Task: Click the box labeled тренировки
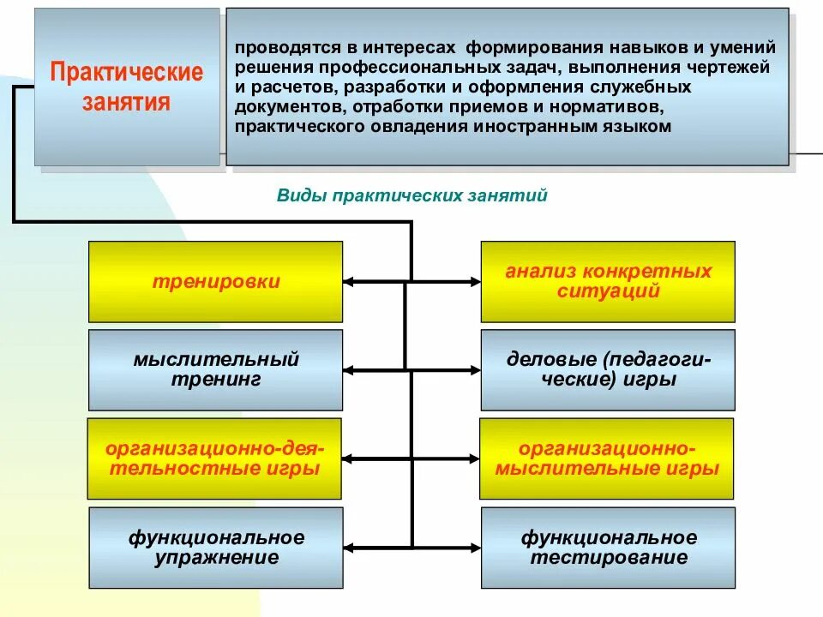click(x=215, y=281)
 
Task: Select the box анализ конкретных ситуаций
click(x=608, y=281)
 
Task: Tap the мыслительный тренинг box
click(x=215, y=369)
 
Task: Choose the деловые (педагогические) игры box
click(x=608, y=369)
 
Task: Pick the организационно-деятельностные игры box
click(x=213, y=458)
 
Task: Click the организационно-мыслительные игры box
click(x=606, y=458)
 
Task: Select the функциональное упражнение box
click(x=215, y=548)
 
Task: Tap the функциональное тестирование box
click(x=608, y=548)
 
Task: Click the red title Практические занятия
click(x=127, y=87)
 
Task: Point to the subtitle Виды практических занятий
click(x=411, y=195)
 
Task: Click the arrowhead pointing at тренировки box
click(x=349, y=281)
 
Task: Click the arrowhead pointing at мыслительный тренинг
click(x=349, y=370)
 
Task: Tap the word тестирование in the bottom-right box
click(x=608, y=558)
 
